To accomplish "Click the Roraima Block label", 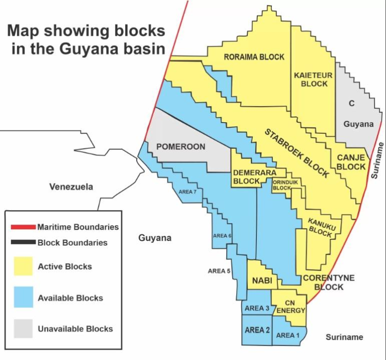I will point(254,57).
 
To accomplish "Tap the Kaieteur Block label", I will point(314,79).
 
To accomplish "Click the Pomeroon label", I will point(180,147).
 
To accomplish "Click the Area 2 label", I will point(257,330).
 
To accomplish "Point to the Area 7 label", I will point(187,192).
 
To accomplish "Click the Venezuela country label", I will point(71,187).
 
